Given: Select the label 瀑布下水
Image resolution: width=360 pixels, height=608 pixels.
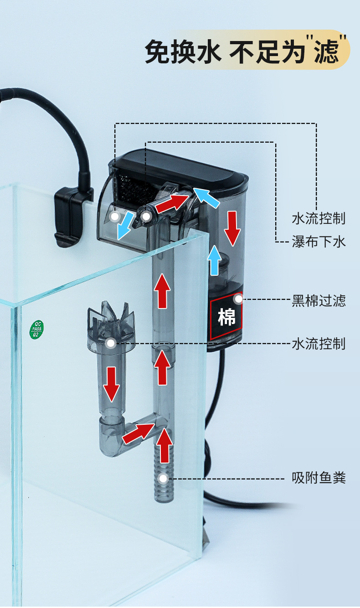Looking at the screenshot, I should (319, 241).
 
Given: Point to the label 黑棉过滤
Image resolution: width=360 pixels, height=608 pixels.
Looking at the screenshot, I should (319, 301).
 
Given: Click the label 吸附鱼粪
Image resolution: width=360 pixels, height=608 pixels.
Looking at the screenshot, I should (319, 478).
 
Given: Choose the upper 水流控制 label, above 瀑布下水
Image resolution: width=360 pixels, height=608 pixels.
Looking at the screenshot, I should (319, 218).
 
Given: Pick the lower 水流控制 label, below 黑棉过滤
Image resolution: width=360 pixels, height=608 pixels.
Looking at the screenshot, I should (319, 343).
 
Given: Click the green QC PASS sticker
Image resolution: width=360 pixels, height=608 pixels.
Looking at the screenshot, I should (36, 330).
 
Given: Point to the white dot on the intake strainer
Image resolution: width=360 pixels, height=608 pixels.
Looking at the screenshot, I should (163, 478).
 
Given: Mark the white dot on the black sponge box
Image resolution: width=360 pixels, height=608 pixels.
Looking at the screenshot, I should (238, 299).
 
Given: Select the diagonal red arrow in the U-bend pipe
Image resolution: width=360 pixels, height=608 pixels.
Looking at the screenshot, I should (138, 433).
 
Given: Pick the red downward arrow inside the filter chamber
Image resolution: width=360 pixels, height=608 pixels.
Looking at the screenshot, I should (232, 228).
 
